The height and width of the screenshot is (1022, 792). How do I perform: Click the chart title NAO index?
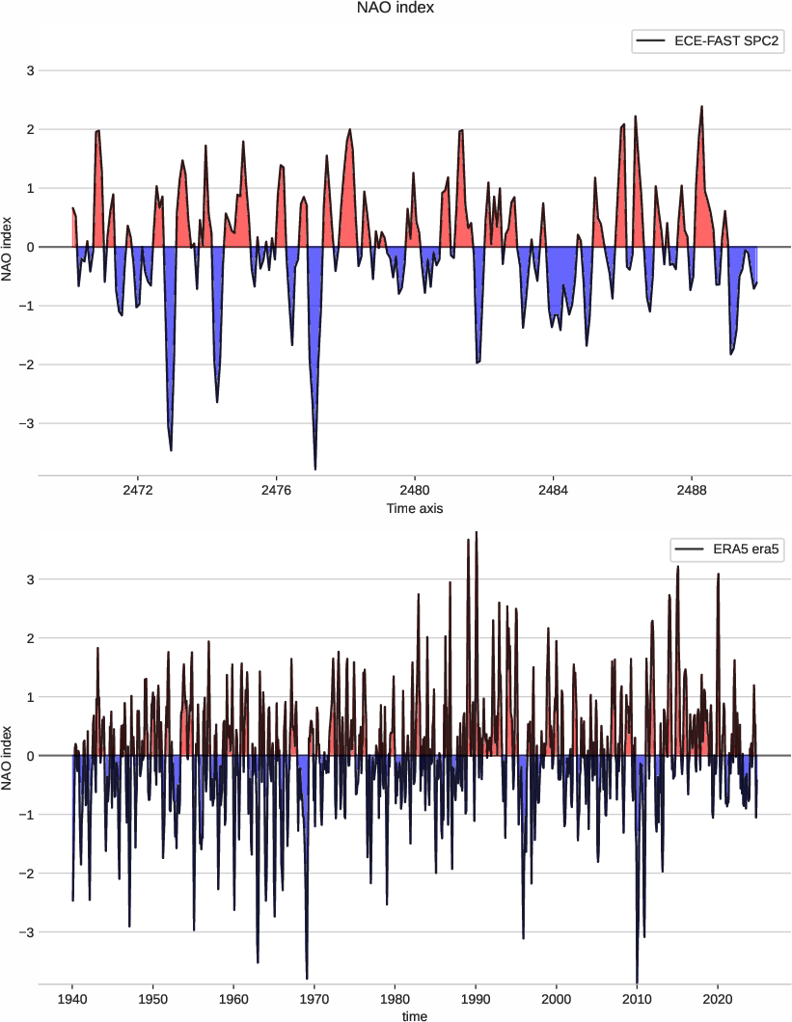[x=396, y=9]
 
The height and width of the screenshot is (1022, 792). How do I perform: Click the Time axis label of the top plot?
[x=415, y=508]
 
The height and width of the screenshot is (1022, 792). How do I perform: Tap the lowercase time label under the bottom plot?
[x=415, y=1015]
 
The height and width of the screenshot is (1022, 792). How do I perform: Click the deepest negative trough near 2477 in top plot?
[x=315, y=469]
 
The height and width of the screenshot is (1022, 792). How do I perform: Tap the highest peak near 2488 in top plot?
[x=701, y=107]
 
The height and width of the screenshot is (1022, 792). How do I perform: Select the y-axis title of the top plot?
[x=9, y=247]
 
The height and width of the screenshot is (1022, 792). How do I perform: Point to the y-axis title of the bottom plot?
[x=9, y=756]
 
